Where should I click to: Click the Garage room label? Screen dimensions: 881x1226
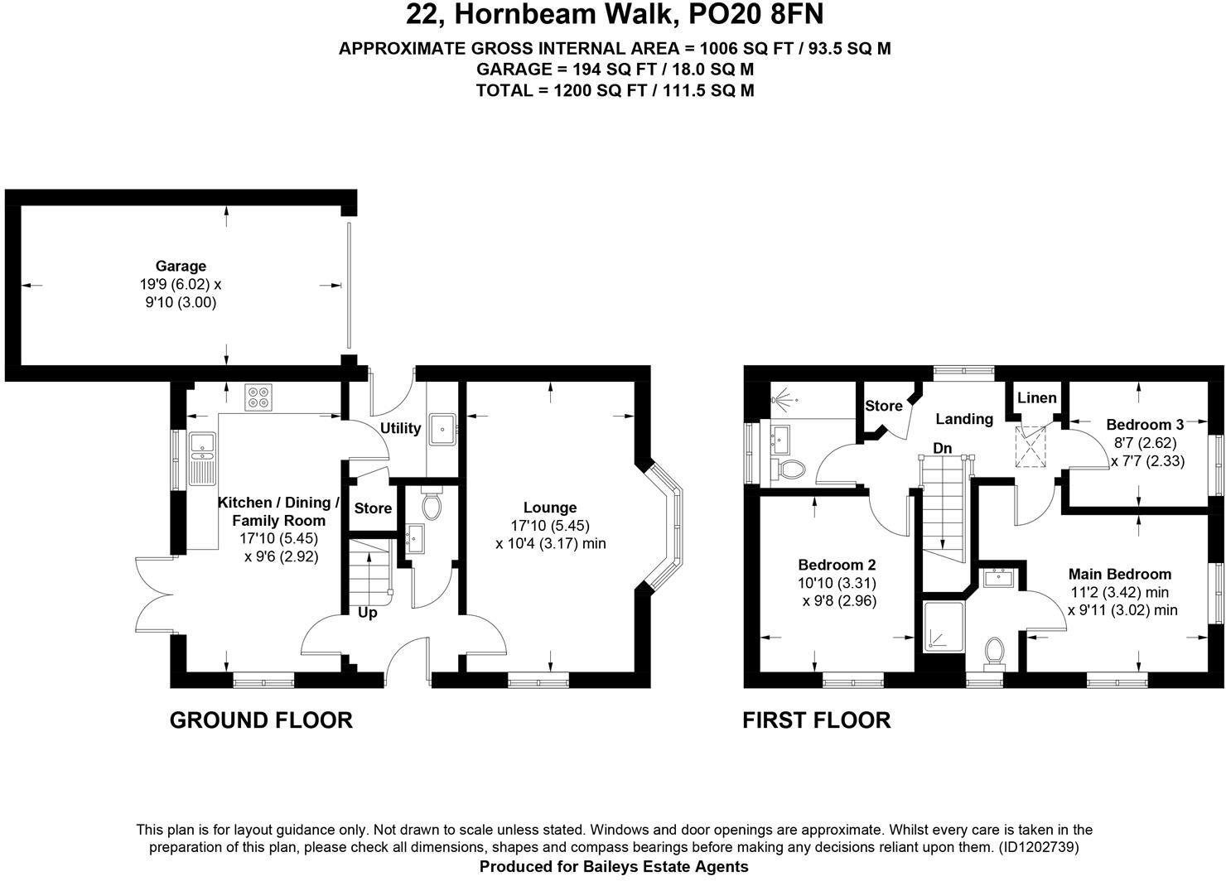point(181,266)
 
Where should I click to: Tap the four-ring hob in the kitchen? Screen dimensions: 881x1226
point(258,397)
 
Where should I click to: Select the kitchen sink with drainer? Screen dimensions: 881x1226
point(201,458)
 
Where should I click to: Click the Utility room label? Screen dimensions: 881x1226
point(400,428)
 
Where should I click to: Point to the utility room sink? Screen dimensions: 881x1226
point(443,429)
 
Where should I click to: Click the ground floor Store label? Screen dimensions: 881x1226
point(373,508)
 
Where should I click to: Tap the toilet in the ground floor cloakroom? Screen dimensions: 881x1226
point(432,505)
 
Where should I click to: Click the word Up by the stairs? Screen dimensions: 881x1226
point(367,613)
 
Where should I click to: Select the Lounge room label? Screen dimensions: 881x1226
point(550,508)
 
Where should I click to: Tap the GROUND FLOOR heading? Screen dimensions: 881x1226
point(261,720)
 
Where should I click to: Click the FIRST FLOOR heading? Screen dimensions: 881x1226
point(816,720)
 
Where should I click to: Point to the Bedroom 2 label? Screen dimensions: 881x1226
point(837,565)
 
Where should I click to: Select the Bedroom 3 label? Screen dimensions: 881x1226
point(1145,425)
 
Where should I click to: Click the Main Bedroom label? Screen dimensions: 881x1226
point(1119,574)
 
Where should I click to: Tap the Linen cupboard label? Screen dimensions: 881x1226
point(1036,398)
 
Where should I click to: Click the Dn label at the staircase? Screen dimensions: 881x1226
point(942,448)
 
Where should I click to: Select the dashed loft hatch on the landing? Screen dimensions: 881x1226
point(1032,446)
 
